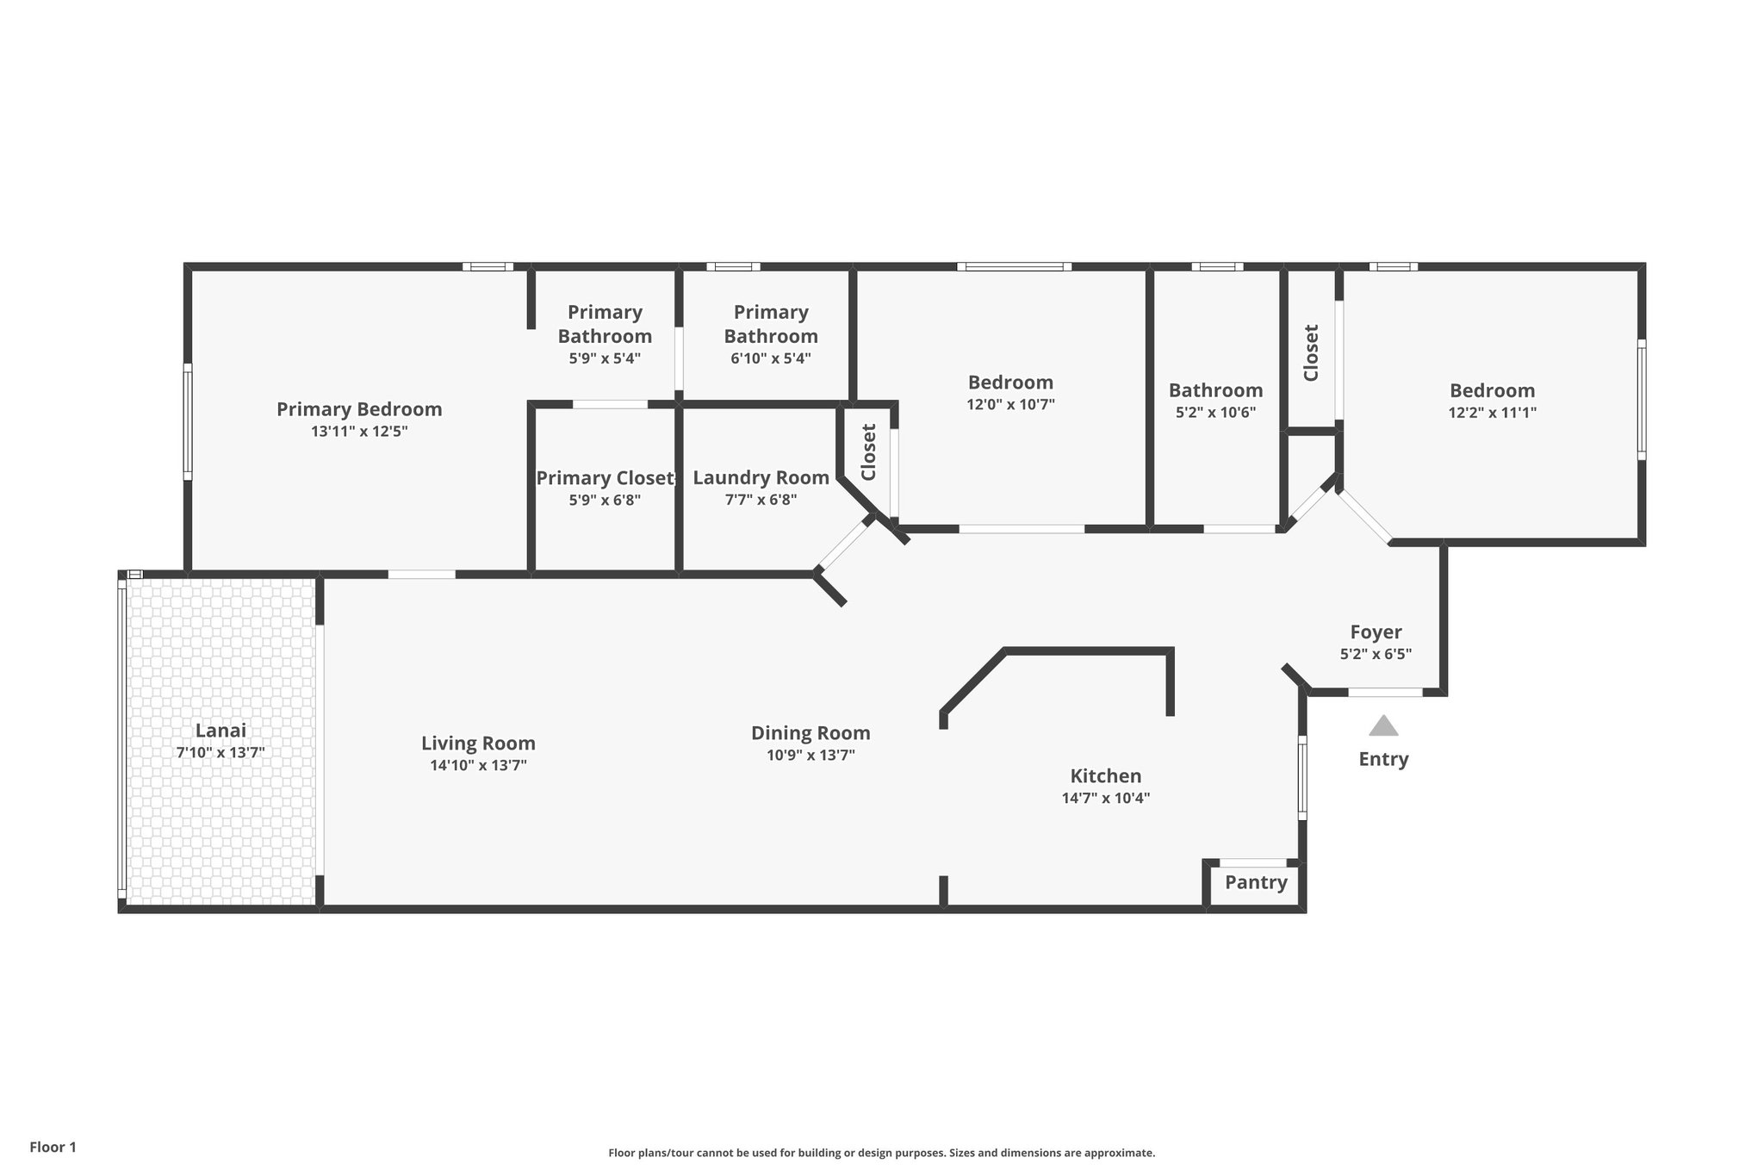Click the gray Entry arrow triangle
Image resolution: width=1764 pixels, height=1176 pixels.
click(x=1383, y=726)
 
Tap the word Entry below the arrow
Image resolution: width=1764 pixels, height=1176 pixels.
click(x=1383, y=759)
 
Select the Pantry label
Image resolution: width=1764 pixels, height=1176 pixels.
click(x=1256, y=882)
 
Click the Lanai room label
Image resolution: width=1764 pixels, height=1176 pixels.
click(x=220, y=731)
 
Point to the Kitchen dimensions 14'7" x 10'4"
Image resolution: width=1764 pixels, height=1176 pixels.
click(x=1105, y=798)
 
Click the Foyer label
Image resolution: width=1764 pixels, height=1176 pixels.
click(x=1376, y=632)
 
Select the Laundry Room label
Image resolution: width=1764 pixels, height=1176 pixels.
click(x=761, y=477)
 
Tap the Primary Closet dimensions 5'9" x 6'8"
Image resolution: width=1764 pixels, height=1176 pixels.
click(x=605, y=500)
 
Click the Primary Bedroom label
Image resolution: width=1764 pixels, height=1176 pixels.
click(x=359, y=409)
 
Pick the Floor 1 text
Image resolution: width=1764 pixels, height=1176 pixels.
click(x=53, y=1147)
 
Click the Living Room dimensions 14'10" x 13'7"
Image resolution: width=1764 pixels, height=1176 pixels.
click(x=478, y=765)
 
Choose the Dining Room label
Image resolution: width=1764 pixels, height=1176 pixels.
click(x=811, y=733)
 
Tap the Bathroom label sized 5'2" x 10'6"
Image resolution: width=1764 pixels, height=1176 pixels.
click(x=1215, y=390)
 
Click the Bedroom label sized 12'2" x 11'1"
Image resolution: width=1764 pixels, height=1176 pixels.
click(x=1492, y=390)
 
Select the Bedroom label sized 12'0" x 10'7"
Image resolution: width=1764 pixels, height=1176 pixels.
click(x=1010, y=383)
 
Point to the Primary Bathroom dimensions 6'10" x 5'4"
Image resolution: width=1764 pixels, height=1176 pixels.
click(x=770, y=358)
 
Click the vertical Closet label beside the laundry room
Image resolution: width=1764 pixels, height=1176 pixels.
click(x=868, y=452)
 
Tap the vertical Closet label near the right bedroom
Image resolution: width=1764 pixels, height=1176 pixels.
click(x=1311, y=352)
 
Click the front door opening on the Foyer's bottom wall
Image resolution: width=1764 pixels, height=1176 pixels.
click(x=1385, y=692)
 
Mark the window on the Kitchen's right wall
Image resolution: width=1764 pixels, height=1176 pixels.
click(x=1302, y=777)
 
